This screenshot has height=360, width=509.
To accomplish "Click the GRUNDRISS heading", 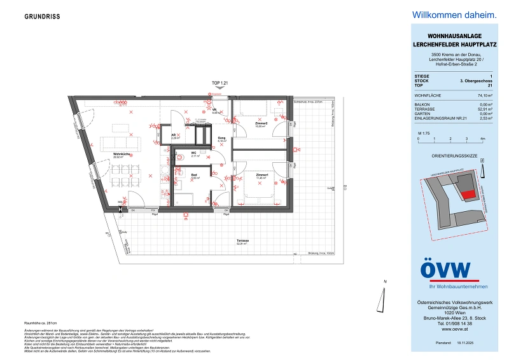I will coord(42,17).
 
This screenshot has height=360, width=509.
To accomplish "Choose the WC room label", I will coord(193,153).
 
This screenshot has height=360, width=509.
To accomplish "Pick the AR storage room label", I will coord(172,135).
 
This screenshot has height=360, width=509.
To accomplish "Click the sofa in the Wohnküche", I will coord(113,142).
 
